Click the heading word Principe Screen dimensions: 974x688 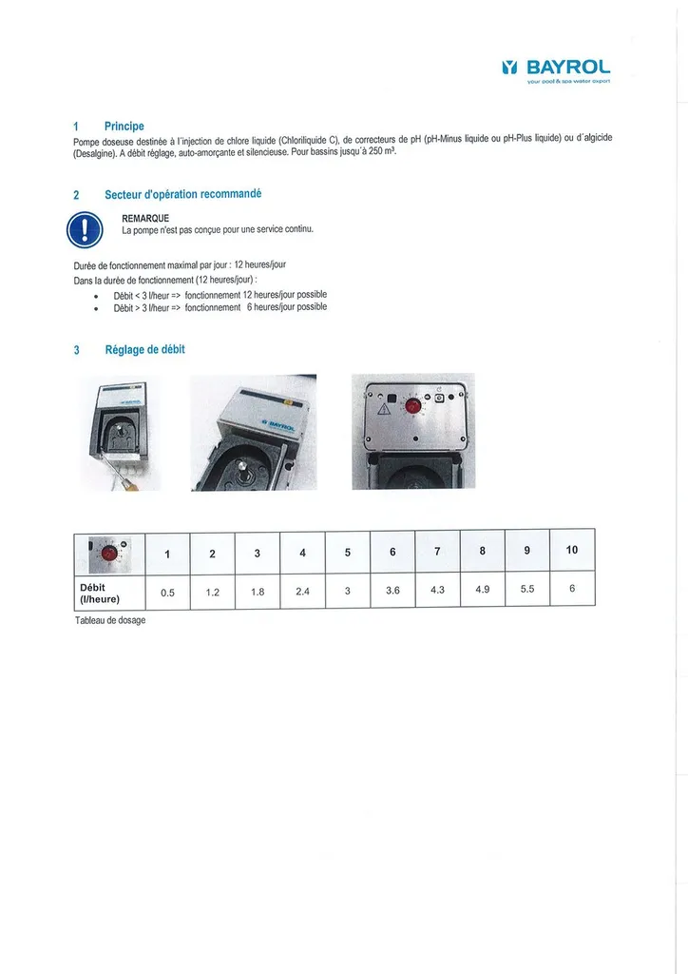tap(124, 126)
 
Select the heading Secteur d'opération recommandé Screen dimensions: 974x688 tap(182, 194)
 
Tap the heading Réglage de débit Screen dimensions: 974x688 tap(144, 350)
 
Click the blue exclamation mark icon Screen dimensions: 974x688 tap(84, 229)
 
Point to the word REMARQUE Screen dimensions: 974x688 tap(145, 218)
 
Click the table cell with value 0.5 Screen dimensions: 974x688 tap(167, 592)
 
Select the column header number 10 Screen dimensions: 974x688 tap(572, 550)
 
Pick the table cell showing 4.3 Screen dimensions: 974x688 tap(437, 590)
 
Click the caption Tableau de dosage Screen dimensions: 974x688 tap(109, 620)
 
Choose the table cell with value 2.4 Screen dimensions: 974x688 tap(302, 592)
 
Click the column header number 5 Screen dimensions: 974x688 tap(347, 553)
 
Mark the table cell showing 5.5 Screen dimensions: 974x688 tap(527, 589)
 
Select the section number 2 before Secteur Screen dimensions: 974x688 tap(76, 195)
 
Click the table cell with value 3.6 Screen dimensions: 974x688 tap(392, 591)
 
